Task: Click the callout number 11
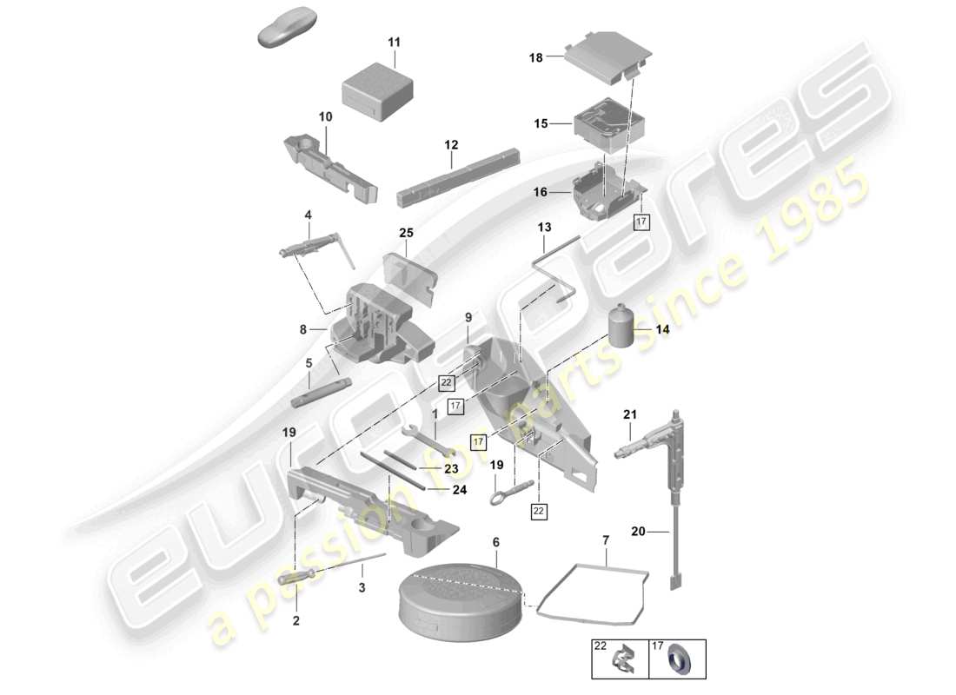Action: (x=395, y=43)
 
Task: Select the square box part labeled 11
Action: (x=380, y=89)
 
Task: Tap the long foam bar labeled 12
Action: (x=457, y=179)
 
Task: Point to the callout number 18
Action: (x=535, y=58)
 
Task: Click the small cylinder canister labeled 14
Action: (x=621, y=328)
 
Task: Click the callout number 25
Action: (x=406, y=233)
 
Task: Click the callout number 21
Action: (x=630, y=415)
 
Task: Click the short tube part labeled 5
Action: (x=322, y=393)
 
